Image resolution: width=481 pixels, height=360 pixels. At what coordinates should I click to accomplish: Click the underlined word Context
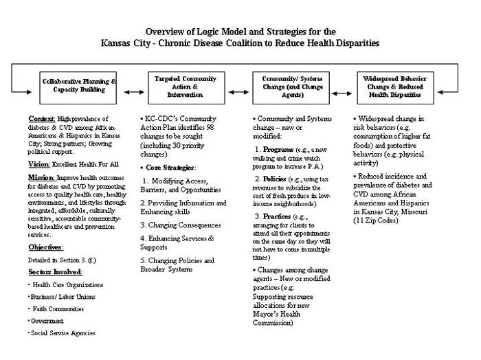tap(42, 118)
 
